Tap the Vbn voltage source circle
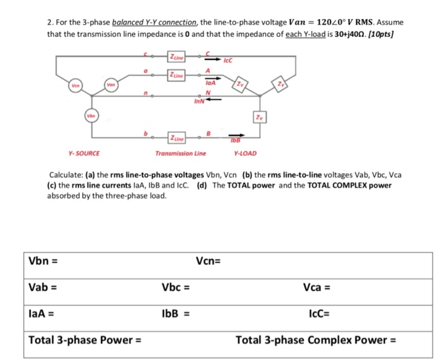[x=93, y=116]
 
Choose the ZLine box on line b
[x=177, y=136]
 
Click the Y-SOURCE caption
[x=84, y=153]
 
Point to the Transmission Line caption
[x=181, y=153]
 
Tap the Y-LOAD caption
[x=245, y=153]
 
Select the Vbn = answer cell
[x=108, y=260]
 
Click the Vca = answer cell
[x=368, y=287]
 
